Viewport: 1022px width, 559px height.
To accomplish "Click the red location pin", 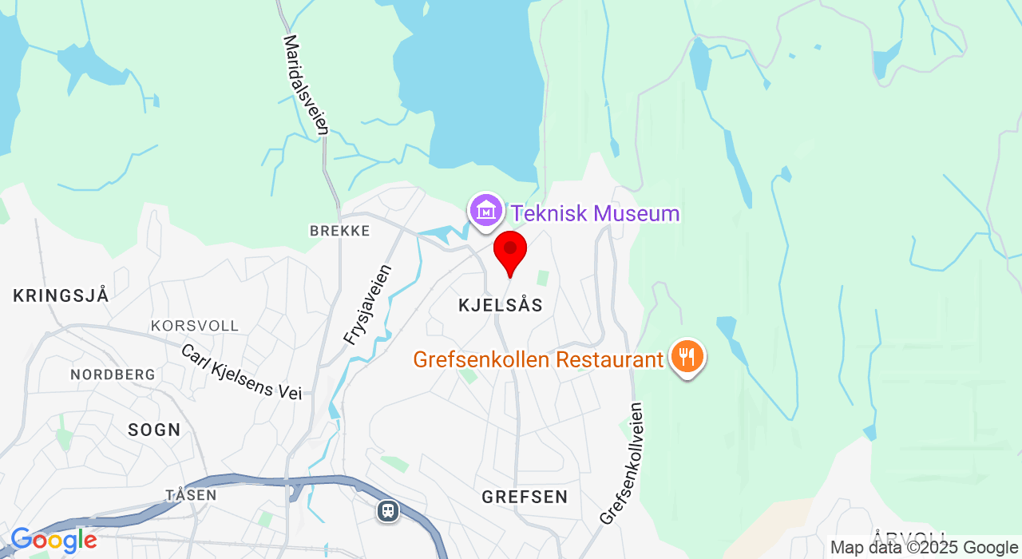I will (x=510, y=251).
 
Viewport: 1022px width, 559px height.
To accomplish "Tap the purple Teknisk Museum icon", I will (x=485, y=211).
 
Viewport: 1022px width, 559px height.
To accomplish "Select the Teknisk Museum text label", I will (x=595, y=214).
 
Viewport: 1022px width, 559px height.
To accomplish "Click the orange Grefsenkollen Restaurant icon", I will (x=686, y=356).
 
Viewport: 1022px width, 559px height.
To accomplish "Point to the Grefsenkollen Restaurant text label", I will (x=538, y=360).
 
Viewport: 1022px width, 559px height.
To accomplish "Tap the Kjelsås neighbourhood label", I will (x=501, y=305).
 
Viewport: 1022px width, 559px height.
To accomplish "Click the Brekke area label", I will (x=339, y=231).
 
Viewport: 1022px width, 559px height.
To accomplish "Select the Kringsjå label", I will (x=61, y=295).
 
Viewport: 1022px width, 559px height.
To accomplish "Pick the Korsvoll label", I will (x=195, y=326).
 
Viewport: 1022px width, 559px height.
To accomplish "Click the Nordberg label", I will (x=113, y=375).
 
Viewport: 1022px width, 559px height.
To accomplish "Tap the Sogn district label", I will (x=154, y=430).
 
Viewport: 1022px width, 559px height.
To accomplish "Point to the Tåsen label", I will (x=191, y=495).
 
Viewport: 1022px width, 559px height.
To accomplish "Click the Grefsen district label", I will (x=525, y=497).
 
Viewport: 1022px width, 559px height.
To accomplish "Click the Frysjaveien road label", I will (x=368, y=304).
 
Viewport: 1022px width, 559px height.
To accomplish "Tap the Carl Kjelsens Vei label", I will (x=241, y=371).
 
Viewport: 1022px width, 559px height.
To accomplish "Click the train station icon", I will (x=388, y=509).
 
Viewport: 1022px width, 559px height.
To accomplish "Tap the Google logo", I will (x=53, y=541).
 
